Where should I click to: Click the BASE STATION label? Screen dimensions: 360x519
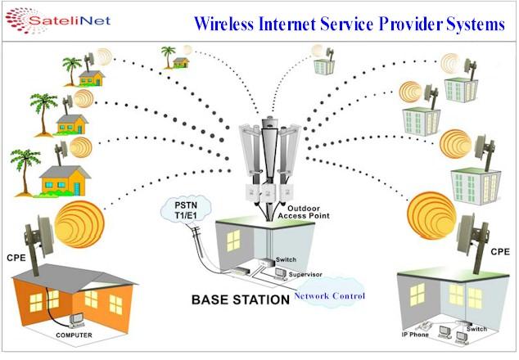pyautogui.click(x=240, y=299)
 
